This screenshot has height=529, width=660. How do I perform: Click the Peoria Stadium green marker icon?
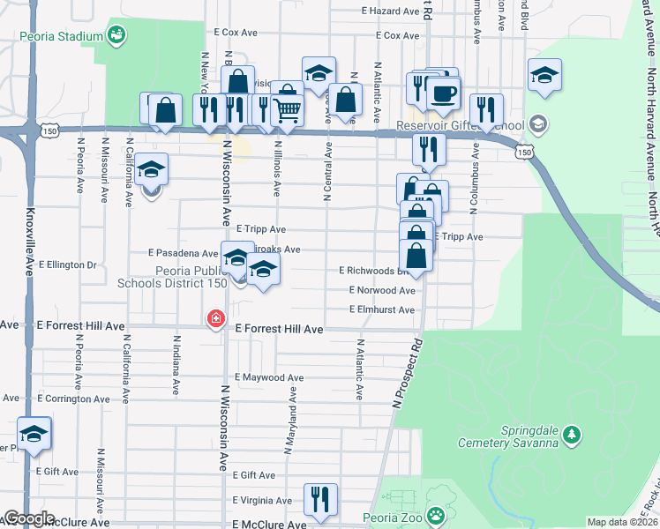[116, 34]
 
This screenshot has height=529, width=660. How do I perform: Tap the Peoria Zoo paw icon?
[435, 515]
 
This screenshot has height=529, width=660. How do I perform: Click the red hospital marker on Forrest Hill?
[215, 318]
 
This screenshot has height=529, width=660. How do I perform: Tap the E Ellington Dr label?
[66, 264]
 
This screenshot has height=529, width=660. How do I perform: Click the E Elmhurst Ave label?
[381, 309]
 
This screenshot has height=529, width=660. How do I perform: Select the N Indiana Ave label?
[176, 363]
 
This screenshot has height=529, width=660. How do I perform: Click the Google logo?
[29, 519]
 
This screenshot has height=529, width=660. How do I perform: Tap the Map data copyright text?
[622, 522]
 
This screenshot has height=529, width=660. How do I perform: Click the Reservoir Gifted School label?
[460, 124]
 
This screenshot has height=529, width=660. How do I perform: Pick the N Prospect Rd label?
[407, 372]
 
